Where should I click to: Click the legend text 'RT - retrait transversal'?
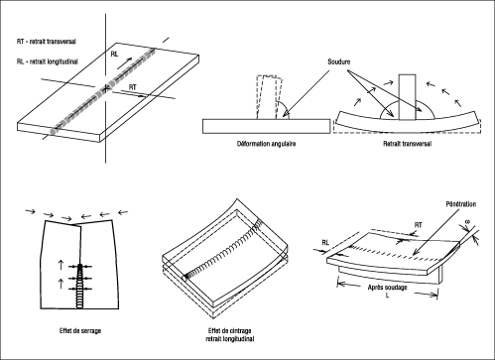point(47,42)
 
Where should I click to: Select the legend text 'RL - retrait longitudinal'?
point(48,61)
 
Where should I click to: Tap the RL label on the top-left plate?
point(114,54)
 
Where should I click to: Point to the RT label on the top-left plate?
point(132,87)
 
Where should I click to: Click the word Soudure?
point(339,61)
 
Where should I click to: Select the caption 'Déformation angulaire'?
point(267,144)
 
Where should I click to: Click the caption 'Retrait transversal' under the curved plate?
point(407,144)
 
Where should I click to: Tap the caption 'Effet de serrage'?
point(80,330)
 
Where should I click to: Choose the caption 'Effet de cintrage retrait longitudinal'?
point(230,334)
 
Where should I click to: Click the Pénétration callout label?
point(461,204)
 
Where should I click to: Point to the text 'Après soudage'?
point(387,288)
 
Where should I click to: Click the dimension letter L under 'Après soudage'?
point(388,296)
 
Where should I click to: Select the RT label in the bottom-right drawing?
point(419,225)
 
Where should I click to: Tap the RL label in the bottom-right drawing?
point(325,242)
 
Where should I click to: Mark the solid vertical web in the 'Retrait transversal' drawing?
point(407,97)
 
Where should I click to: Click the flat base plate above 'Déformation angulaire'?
point(266,126)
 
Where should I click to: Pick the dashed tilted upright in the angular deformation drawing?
point(269,97)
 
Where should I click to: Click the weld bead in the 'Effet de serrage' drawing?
point(80,286)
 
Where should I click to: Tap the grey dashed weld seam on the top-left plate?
point(103,90)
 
